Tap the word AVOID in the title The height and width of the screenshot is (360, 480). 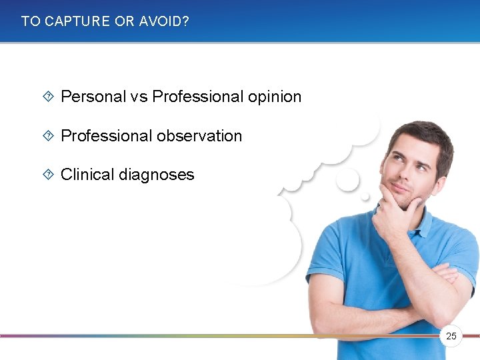click(x=161, y=21)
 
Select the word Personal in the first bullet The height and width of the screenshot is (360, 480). click(x=93, y=97)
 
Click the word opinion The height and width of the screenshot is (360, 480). click(x=274, y=97)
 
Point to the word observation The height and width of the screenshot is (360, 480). click(x=199, y=136)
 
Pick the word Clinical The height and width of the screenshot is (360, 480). click(x=87, y=175)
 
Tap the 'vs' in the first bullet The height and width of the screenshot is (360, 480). click(x=139, y=97)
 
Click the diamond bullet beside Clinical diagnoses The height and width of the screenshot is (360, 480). click(x=48, y=175)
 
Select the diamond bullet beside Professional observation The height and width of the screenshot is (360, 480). click(x=48, y=136)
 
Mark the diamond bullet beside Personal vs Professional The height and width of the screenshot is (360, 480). click(x=48, y=97)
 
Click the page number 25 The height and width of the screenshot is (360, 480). click(x=451, y=336)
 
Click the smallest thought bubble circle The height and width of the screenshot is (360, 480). click(x=365, y=197)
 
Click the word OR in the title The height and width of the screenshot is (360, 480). click(x=125, y=21)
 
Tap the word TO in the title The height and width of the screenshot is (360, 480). click(x=31, y=21)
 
